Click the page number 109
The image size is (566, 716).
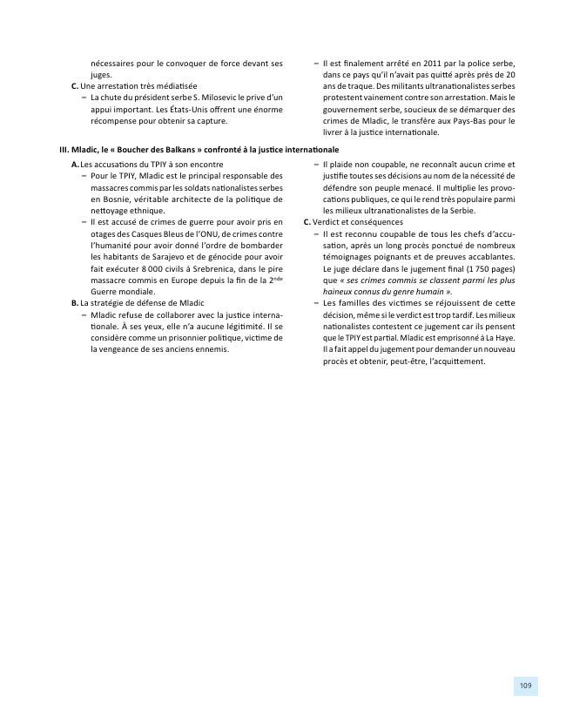[x=525, y=686]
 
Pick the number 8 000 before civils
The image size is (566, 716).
[x=133, y=256]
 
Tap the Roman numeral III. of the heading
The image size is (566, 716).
[x=64, y=149]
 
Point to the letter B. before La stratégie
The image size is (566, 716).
[x=74, y=302]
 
